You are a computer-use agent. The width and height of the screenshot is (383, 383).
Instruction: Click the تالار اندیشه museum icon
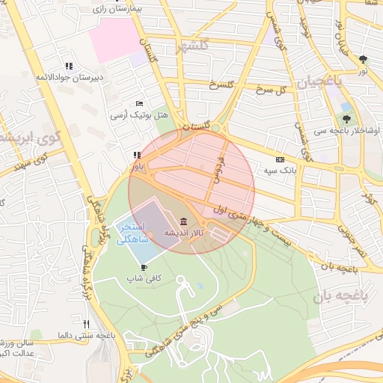click(184, 221)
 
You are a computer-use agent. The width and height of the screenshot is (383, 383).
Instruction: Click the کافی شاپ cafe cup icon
click(144, 266)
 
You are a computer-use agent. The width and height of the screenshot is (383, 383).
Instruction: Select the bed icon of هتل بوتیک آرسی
click(139, 103)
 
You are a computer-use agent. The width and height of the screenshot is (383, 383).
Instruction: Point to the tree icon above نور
click(363, 58)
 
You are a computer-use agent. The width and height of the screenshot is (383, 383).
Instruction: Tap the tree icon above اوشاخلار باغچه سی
click(346, 118)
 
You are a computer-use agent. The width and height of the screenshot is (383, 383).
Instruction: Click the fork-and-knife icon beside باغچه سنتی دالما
click(87, 325)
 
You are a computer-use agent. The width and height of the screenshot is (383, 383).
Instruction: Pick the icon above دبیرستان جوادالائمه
click(69, 66)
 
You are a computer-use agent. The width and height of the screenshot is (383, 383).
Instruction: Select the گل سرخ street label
click(272, 91)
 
